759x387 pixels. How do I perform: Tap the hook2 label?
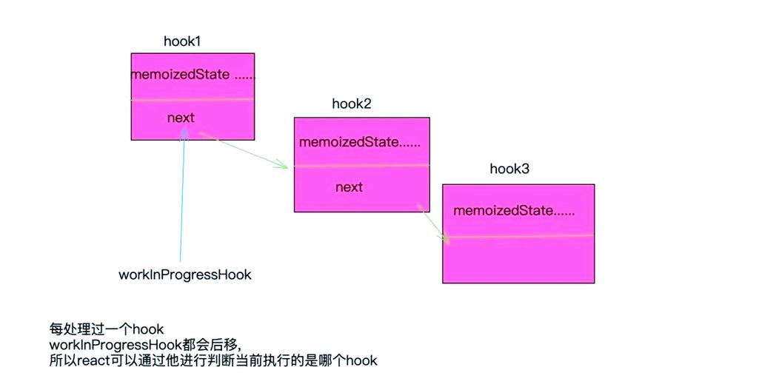coord(351,104)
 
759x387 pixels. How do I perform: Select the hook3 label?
coord(509,169)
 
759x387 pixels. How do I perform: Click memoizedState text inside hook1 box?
coord(193,75)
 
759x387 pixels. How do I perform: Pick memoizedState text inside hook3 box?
coord(514,210)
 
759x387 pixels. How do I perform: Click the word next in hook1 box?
coord(181,118)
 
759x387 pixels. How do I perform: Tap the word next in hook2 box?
coord(349,187)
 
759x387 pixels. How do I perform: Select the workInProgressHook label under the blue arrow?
coord(185,275)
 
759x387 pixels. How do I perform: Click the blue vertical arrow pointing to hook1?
coord(181,200)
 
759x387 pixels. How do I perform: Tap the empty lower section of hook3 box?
coord(518,259)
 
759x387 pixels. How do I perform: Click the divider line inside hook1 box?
coord(193,99)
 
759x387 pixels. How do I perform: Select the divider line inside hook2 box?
coord(361,165)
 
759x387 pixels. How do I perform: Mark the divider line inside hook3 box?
coord(518,236)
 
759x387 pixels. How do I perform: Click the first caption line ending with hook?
coord(107,329)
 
